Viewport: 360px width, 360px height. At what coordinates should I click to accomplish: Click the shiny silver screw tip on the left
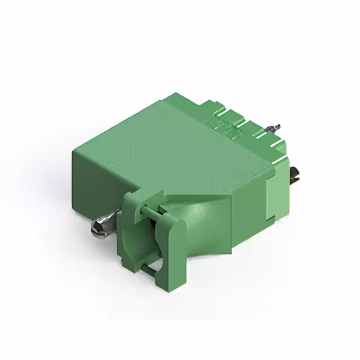pyautogui.click(x=100, y=226)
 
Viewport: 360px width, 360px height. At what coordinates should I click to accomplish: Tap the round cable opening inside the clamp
pyautogui.click(x=150, y=242)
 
